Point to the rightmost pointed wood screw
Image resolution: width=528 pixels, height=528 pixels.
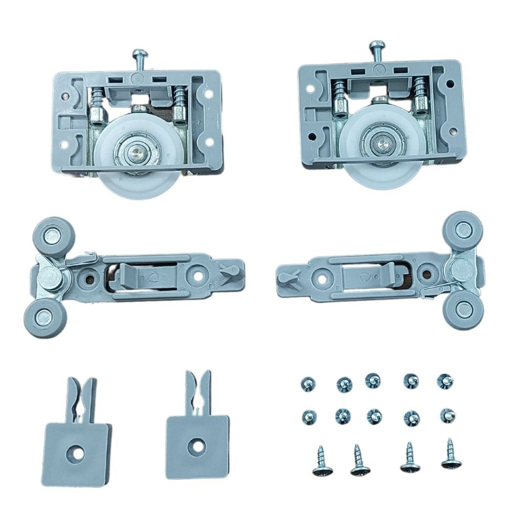[x=451, y=455]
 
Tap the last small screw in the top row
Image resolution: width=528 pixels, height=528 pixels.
[x=445, y=381]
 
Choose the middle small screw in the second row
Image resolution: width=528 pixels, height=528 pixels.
[x=375, y=416]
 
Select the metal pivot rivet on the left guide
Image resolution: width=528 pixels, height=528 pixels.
[x=52, y=277]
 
